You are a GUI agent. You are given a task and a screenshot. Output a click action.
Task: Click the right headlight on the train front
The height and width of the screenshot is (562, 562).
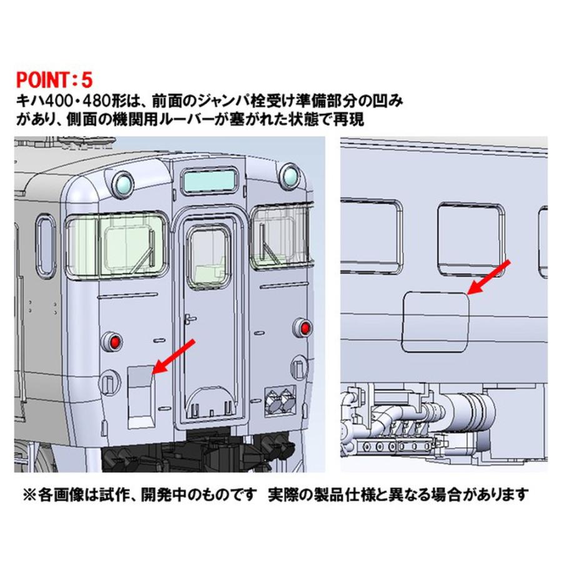point(290,176)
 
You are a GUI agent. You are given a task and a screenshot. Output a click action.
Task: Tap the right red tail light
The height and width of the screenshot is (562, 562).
point(304,327)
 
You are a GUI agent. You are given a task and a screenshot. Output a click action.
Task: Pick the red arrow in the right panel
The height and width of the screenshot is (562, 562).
point(490,277)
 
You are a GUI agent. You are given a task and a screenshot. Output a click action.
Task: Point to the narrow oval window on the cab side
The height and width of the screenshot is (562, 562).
point(46,238)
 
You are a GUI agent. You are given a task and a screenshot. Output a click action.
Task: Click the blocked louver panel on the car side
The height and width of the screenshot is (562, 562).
point(435,320)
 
